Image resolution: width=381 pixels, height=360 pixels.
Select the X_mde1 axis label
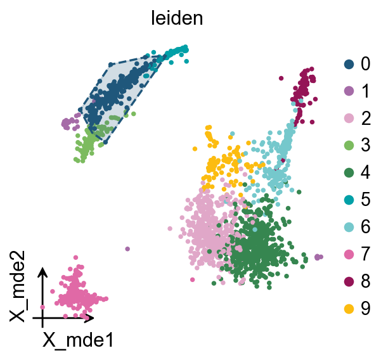click(x=78, y=340)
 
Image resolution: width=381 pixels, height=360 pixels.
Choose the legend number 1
click(x=365, y=91)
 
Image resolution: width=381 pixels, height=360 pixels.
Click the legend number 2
click(x=365, y=118)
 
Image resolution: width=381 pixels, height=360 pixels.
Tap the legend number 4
click(x=365, y=172)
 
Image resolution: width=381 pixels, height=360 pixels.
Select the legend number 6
click(x=365, y=226)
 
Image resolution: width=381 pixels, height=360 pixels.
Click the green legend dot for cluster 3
click(x=348, y=145)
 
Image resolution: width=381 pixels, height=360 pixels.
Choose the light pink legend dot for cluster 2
click(x=348, y=118)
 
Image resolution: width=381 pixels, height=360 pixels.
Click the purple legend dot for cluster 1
click(x=348, y=91)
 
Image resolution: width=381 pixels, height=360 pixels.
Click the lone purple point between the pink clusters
click(x=127, y=249)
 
